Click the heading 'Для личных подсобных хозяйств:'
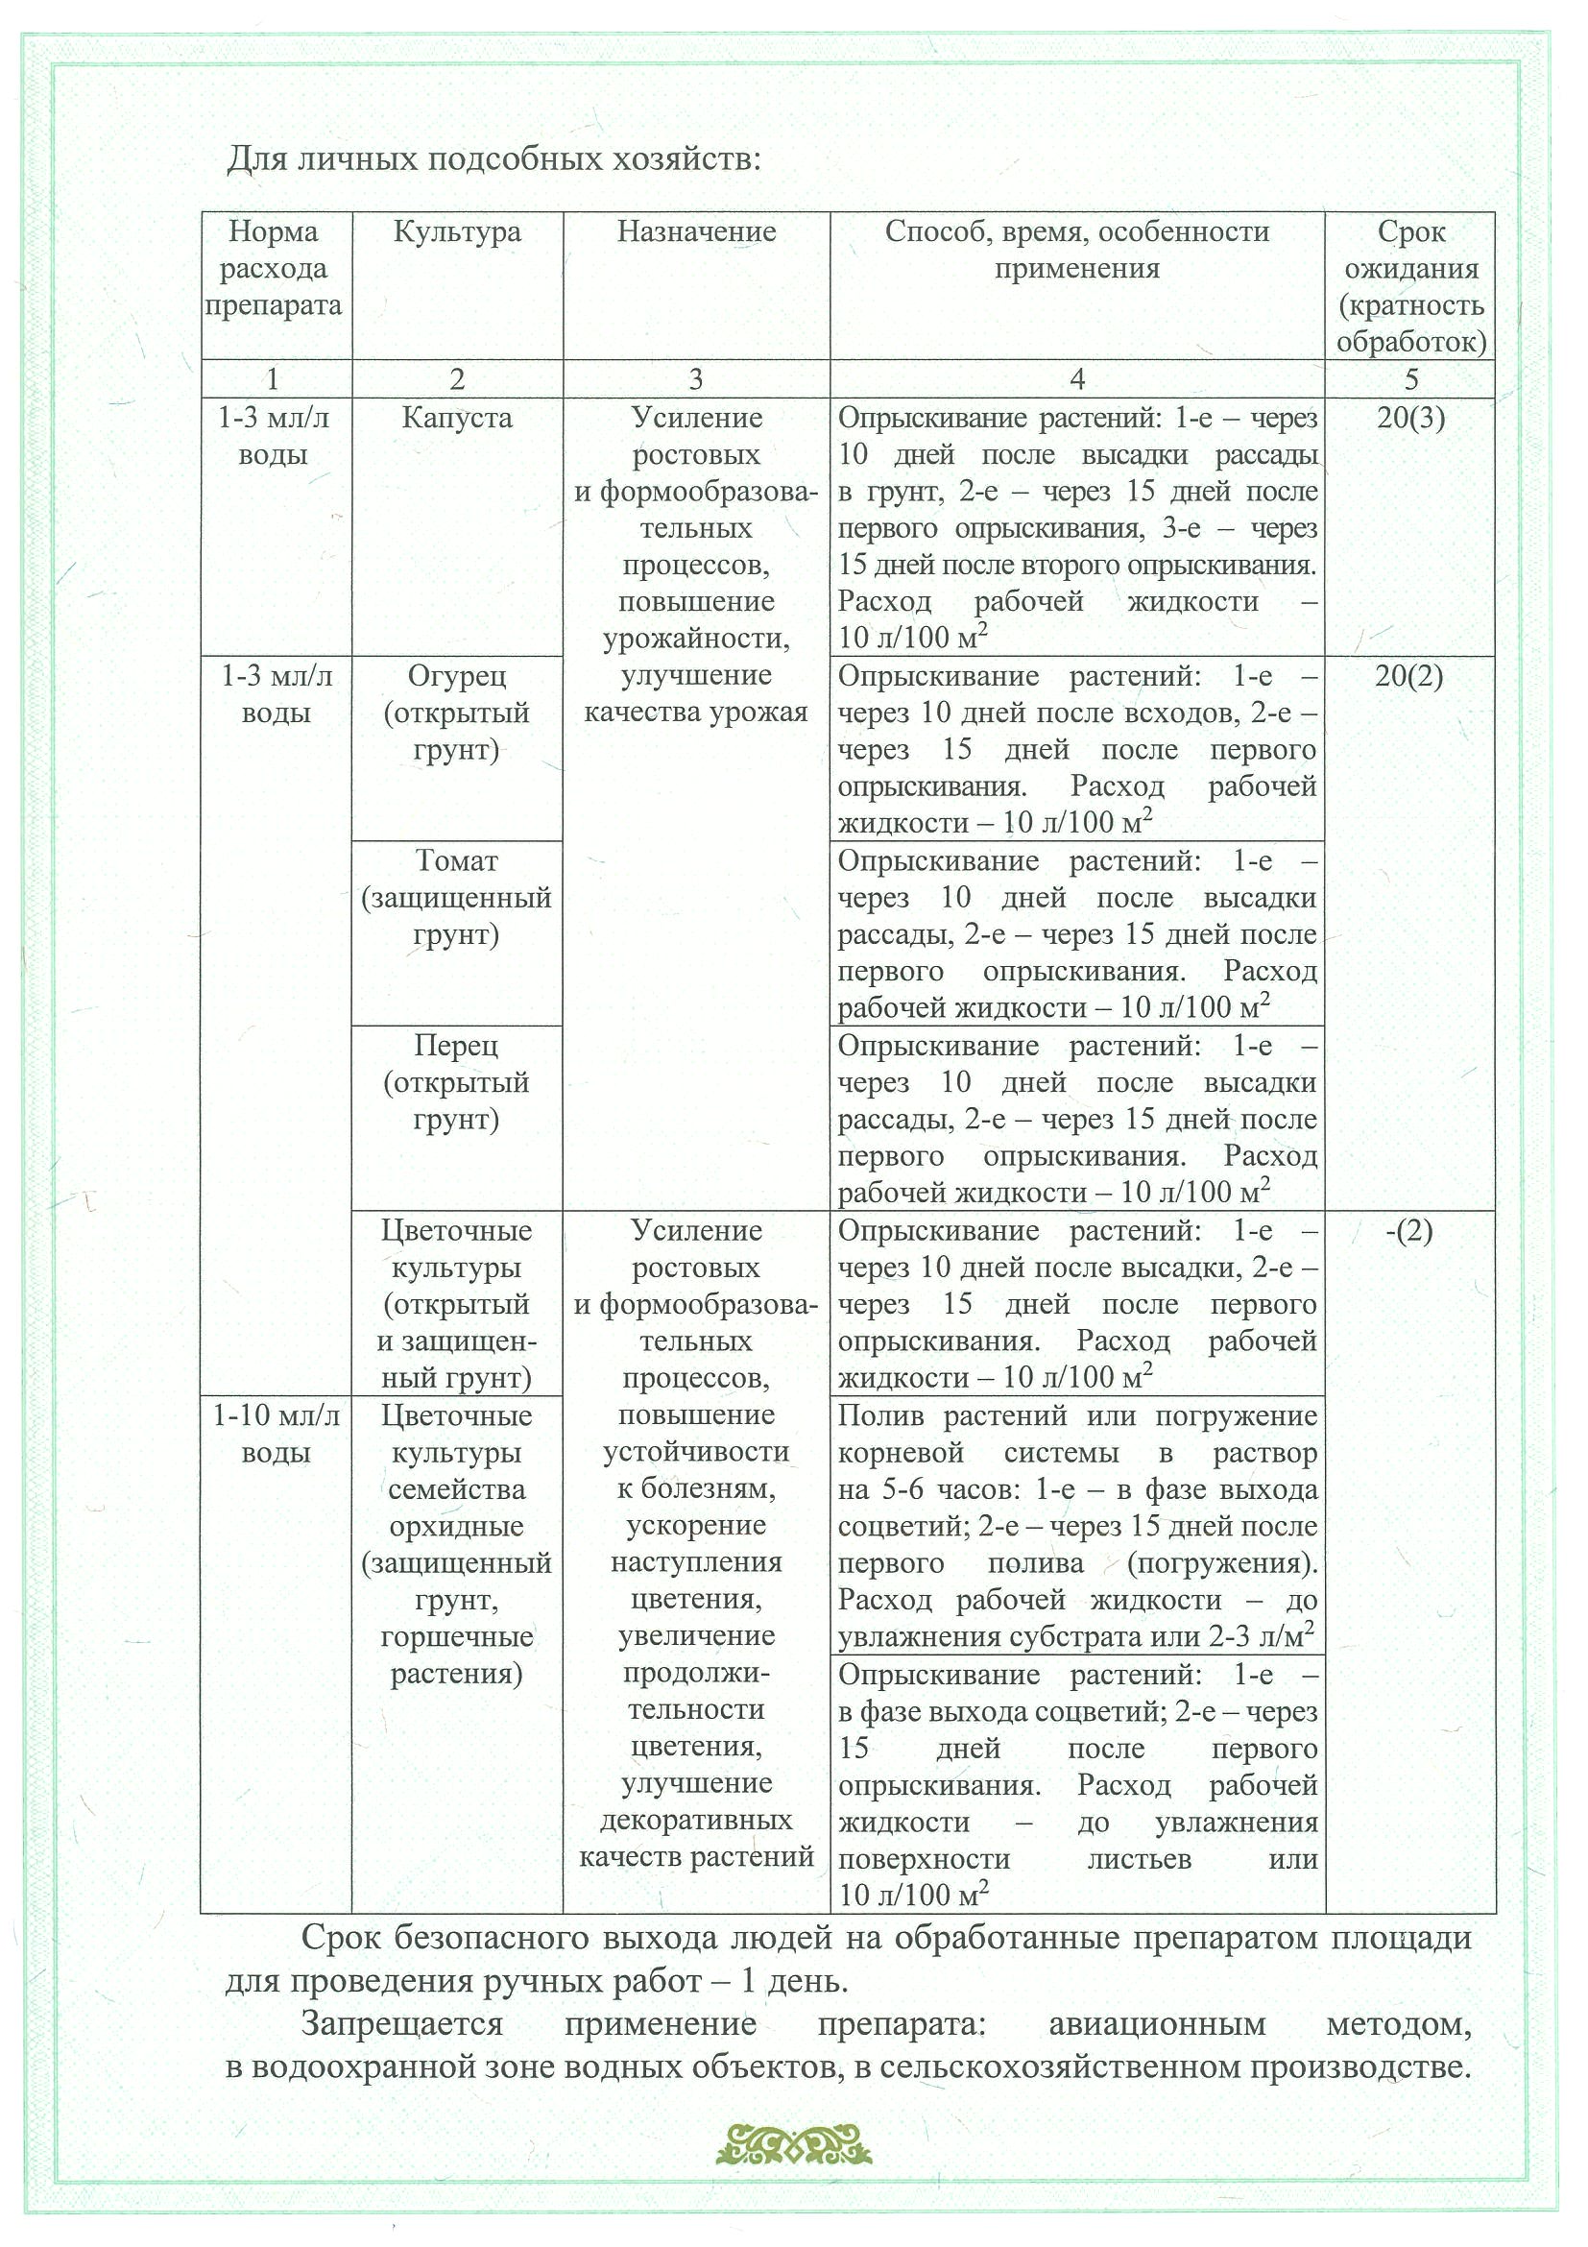tap(493, 158)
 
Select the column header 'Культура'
tap(457, 232)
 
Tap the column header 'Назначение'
tap(696, 232)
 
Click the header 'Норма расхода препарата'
tap(274, 268)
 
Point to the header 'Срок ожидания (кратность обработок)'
tap(1410, 287)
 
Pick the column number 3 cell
tap(696, 378)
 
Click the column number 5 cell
tap(1410, 378)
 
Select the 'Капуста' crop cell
tap(457, 418)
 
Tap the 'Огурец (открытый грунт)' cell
tap(457, 713)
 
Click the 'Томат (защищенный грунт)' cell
tap(457, 898)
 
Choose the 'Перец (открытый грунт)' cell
tap(457, 1082)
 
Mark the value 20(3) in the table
tap(1410, 418)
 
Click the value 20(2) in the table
tap(1409, 676)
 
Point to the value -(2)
tap(1409, 1231)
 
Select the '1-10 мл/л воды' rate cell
tap(276, 1434)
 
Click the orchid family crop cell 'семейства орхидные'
tap(457, 1508)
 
